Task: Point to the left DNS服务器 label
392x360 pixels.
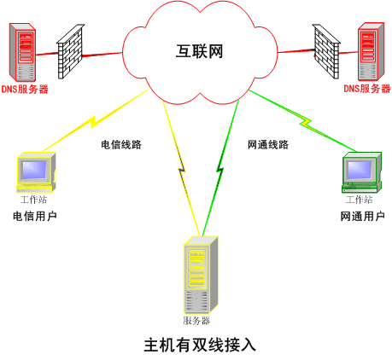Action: coord(25,89)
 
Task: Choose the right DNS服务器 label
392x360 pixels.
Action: coord(367,89)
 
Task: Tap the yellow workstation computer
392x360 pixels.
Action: coord(36,171)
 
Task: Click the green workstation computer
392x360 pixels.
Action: coord(360,171)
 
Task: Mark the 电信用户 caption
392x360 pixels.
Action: coord(35,217)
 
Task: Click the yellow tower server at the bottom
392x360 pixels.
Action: coord(198,275)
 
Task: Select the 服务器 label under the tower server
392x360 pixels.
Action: coord(196,321)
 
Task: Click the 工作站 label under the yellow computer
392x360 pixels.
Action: coord(34,200)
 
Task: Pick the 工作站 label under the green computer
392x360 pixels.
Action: coord(360,200)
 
